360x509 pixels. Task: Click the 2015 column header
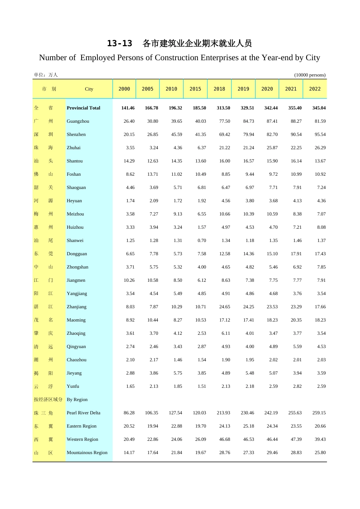pyautogui.click(x=195, y=89)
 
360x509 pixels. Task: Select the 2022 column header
pyautogui.click(x=315, y=89)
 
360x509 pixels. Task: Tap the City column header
pyautogui.click(x=89, y=89)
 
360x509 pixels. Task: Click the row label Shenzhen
pyautogui.click(x=76, y=134)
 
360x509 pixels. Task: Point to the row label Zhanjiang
pyautogui.click(x=77, y=307)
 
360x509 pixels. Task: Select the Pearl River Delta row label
pyautogui.click(x=83, y=413)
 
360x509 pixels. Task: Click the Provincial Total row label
pyautogui.click(x=83, y=108)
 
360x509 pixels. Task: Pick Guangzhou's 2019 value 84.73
pyautogui.click(x=249, y=121)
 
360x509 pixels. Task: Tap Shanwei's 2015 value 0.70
pyautogui.click(x=202, y=240)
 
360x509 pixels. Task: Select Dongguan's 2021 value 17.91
pyautogui.click(x=296, y=254)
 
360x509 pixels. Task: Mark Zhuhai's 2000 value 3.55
pyautogui.click(x=130, y=148)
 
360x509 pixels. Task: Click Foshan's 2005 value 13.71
pyautogui.click(x=153, y=174)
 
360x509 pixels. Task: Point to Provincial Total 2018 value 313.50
pyautogui.click(x=223, y=108)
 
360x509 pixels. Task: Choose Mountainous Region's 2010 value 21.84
pyautogui.click(x=177, y=453)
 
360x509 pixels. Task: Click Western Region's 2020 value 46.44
pyautogui.click(x=272, y=439)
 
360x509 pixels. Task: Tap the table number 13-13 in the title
pyautogui.click(x=119, y=44)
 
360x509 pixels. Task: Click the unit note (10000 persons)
pyautogui.click(x=310, y=75)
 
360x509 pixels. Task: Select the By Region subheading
pyautogui.click(x=77, y=400)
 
